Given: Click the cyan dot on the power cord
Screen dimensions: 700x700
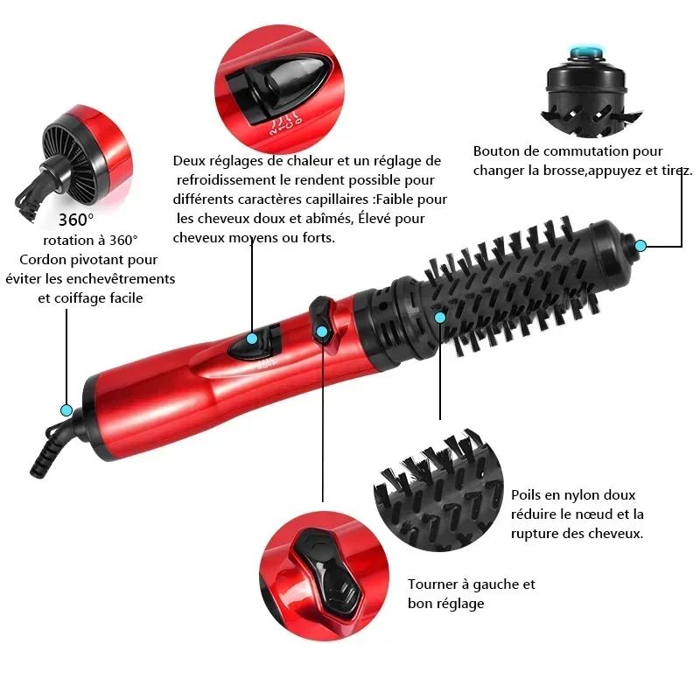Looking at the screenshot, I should [x=66, y=409].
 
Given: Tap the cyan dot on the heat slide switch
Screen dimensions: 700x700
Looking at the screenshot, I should [x=252, y=339].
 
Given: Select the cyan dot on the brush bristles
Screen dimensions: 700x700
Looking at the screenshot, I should [x=440, y=317].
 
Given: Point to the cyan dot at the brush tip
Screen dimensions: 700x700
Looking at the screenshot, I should [x=640, y=245].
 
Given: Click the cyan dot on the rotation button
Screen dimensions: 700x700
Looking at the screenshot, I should [x=322, y=332].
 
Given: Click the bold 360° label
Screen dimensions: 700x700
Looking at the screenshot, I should [x=76, y=220].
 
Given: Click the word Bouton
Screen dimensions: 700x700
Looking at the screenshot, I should [x=494, y=151].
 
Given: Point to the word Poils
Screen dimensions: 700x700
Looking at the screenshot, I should [x=529, y=495].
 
